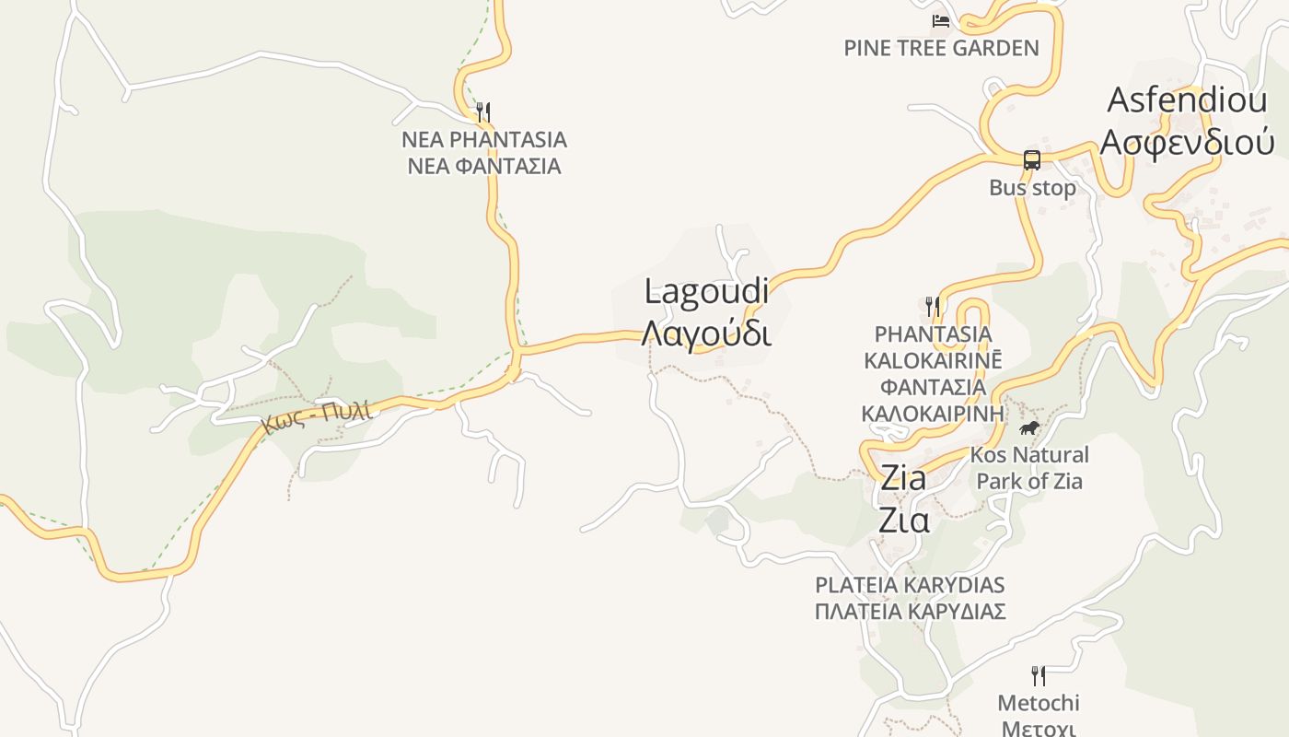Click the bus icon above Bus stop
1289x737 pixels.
click(x=1032, y=159)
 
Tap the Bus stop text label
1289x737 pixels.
click(x=1032, y=188)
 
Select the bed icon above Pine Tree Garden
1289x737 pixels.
click(x=940, y=20)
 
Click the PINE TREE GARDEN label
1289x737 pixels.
click(x=941, y=48)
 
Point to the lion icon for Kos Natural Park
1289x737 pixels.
click(x=1029, y=427)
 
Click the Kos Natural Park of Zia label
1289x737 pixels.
click(x=1029, y=468)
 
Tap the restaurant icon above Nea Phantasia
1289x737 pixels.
click(x=482, y=112)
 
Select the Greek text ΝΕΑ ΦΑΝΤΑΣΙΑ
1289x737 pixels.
click(x=484, y=166)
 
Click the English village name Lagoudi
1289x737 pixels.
click(x=706, y=292)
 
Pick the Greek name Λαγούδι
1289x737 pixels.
click(x=706, y=333)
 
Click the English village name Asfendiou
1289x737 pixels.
click(x=1187, y=100)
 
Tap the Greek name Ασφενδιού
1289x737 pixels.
click(x=1188, y=143)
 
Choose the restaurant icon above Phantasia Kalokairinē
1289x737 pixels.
click(x=933, y=305)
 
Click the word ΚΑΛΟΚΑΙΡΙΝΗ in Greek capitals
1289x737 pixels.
click(x=933, y=413)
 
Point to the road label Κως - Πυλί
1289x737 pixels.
click(x=318, y=416)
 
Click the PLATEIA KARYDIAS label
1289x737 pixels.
click(x=910, y=585)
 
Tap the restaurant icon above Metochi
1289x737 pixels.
click(x=1039, y=675)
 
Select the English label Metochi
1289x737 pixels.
click(x=1039, y=703)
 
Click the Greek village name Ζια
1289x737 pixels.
click(x=903, y=521)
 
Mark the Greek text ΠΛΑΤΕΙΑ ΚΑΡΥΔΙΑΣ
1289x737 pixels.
click(x=910, y=611)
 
